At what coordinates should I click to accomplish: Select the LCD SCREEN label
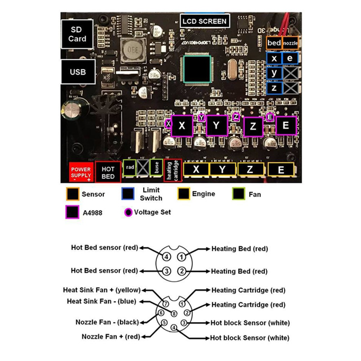(205, 21)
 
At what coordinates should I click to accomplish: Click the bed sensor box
(274, 43)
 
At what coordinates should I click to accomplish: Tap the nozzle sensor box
(290, 43)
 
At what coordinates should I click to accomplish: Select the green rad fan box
(130, 168)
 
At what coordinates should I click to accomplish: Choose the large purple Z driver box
(253, 126)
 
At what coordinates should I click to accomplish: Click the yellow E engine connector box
(281, 170)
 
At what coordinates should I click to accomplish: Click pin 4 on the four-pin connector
(168, 257)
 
